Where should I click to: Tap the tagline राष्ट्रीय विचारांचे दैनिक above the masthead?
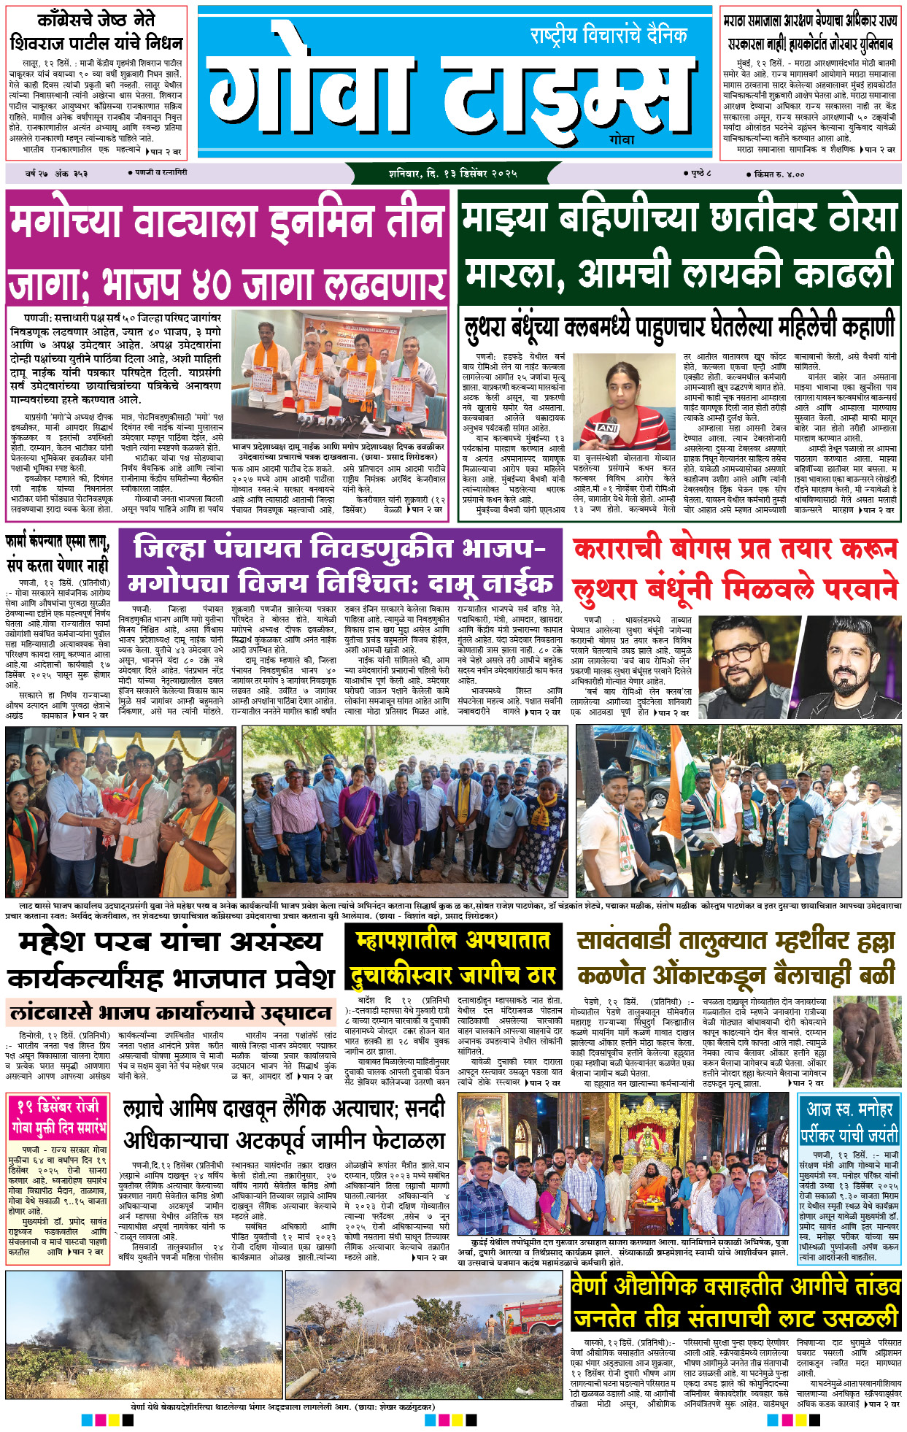pyautogui.click(x=609, y=35)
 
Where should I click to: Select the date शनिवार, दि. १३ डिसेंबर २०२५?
pyautogui.click(x=452, y=174)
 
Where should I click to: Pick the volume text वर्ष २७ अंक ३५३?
pyautogui.click(x=56, y=174)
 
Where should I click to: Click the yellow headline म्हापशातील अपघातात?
pyautogui.click(x=452, y=941)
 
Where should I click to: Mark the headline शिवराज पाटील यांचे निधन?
pyautogui.click(x=96, y=42)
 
